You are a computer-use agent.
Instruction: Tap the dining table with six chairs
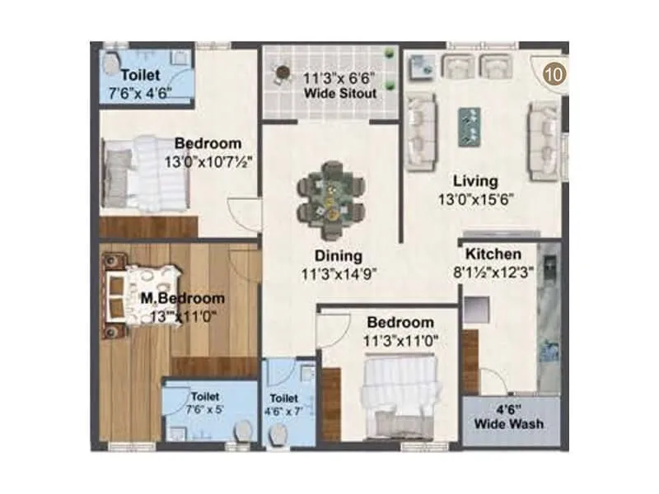330,198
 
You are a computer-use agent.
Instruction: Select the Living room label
475,181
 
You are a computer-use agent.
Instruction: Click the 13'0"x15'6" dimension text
475,199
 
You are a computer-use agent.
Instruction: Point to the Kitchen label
493,254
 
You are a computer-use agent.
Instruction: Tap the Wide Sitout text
340,94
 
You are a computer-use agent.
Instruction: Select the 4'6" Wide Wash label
508,417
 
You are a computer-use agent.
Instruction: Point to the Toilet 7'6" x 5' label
204,403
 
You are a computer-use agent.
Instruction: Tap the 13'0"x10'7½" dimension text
208,162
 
